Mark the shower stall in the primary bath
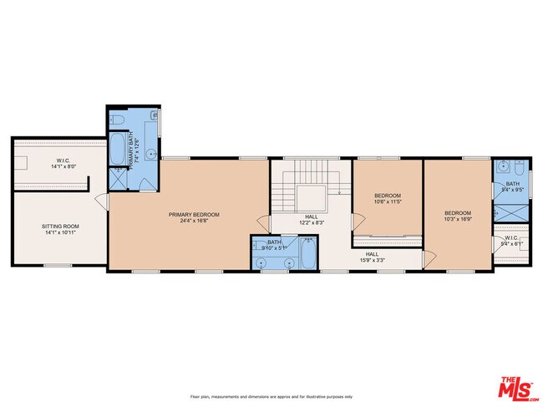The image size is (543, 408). point(118,178)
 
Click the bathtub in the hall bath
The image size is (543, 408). point(307,255)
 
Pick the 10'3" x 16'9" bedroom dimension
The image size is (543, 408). point(457,220)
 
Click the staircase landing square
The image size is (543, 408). point(311,199)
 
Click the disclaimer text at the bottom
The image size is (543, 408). point(271,395)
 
